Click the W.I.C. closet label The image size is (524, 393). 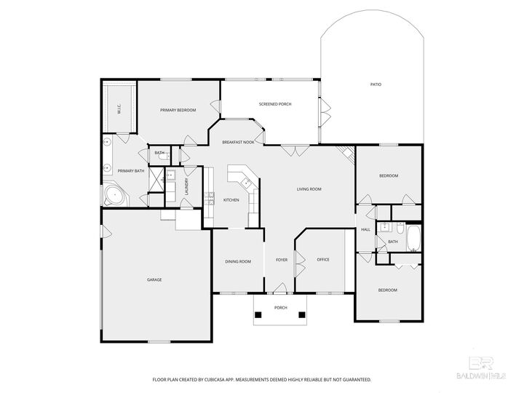click(x=119, y=111)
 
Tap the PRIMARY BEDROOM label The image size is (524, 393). click(x=178, y=110)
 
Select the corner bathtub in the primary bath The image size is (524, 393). click(x=114, y=194)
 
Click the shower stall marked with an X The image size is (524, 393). click(x=156, y=179)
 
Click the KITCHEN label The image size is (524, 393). click(x=231, y=200)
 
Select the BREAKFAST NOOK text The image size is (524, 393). click(x=238, y=143)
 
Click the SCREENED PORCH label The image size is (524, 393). click(x=275, y=104)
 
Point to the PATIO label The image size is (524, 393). click(x=376, y=85)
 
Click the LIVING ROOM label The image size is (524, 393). click(x=309, y=189)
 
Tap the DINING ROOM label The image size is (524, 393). click(x=238, y=261)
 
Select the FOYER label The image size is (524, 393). click(x=281, y=260)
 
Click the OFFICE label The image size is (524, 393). click(x=323, y=260)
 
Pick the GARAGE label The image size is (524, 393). click(x=154, y=279)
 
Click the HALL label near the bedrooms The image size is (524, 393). click(x=365, y=229)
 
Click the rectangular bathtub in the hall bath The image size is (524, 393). click(x=413, y=238)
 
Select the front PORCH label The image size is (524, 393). click(x=281, y=308)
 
